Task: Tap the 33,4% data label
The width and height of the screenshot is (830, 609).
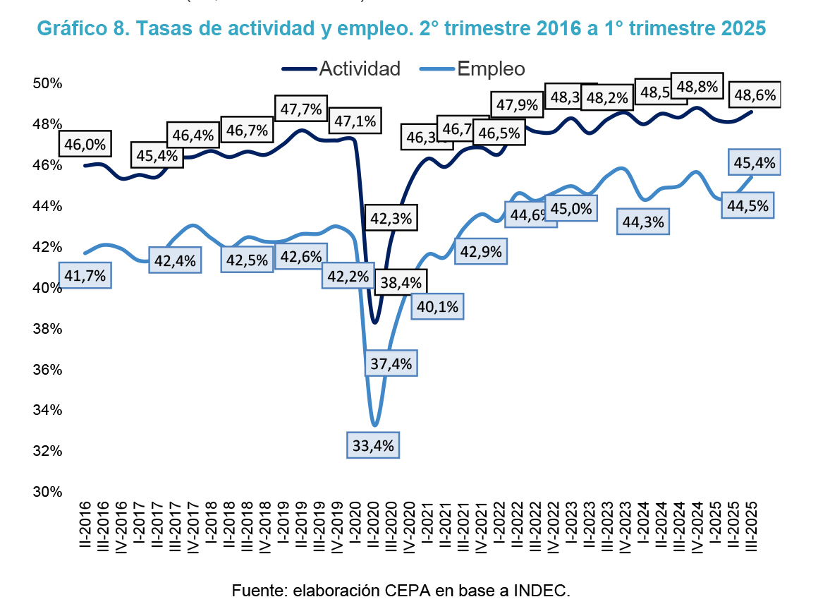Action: pyautogui.click(x=374, y=445)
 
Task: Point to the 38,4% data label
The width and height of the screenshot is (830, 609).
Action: pyautogui.click(x=401, y=283)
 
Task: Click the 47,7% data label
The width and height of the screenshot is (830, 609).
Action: pyautogui.click(x=301, y=109)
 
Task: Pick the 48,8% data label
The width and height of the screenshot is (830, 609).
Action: pyautogui.click(x=697, y=88)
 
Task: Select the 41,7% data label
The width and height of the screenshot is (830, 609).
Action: pyautogui.click(x=85, y=276)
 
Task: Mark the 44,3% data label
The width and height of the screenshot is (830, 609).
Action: pyautogui.click(x=644, y=222)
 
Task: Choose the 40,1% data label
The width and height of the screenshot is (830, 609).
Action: pyautogui.click(x=437, y=306)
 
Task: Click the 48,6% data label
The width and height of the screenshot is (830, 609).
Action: pyautogui.click(x=755, y=95)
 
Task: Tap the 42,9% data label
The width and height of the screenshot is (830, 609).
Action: pyautogui.click(x=481, y=252)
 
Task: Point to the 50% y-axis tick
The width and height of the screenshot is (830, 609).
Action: pyautogui.click(x=48, y=83)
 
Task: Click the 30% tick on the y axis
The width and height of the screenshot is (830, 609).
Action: pyautogui.click(x=48, y=492)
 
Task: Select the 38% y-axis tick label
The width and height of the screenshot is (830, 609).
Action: pyautogui.click(x=48, y=329)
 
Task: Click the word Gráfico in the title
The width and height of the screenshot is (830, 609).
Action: pyautogui.click(x=66, y=29)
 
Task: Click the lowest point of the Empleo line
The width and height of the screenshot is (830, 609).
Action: pyautogui.click(x=374, y=425)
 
